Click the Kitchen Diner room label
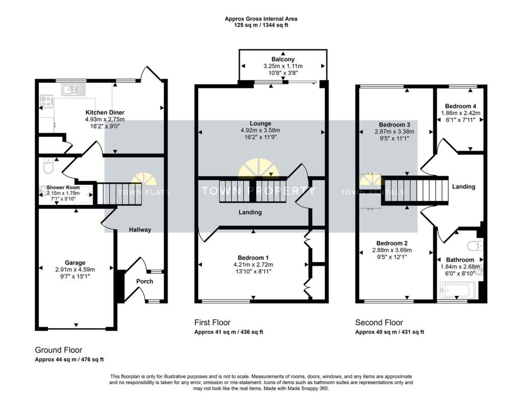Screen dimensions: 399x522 click(105, 112)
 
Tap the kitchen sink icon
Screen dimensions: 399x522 click(73, 90)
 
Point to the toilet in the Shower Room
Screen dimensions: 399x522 click(49, 166)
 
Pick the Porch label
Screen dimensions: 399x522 click(144, 281)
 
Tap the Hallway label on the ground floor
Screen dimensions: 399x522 click(140, 230)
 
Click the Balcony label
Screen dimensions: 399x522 click(283, 60)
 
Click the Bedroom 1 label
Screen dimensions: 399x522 click(253, 258)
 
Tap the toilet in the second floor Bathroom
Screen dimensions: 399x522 click(477, 246)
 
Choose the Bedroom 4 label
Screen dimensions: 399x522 click(460, 106)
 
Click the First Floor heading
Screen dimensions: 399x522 click(212, 322)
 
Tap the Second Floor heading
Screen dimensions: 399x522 click(379, 322)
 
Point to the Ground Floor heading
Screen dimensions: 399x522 click(58, 350)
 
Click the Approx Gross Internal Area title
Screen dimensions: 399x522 click(261, 19)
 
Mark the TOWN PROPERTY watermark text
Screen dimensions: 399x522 click(258, 191)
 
